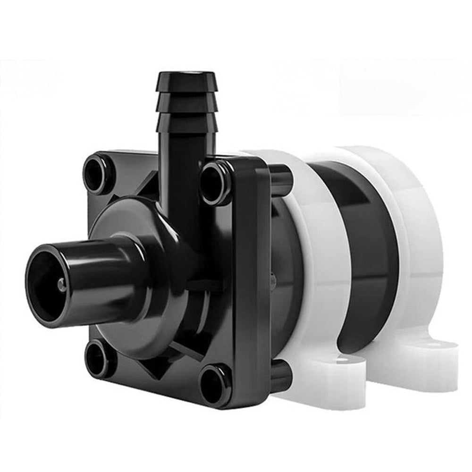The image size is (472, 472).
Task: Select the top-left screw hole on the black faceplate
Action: (x=99, y=174)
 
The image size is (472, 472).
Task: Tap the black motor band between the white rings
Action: (x=363, y=245)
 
